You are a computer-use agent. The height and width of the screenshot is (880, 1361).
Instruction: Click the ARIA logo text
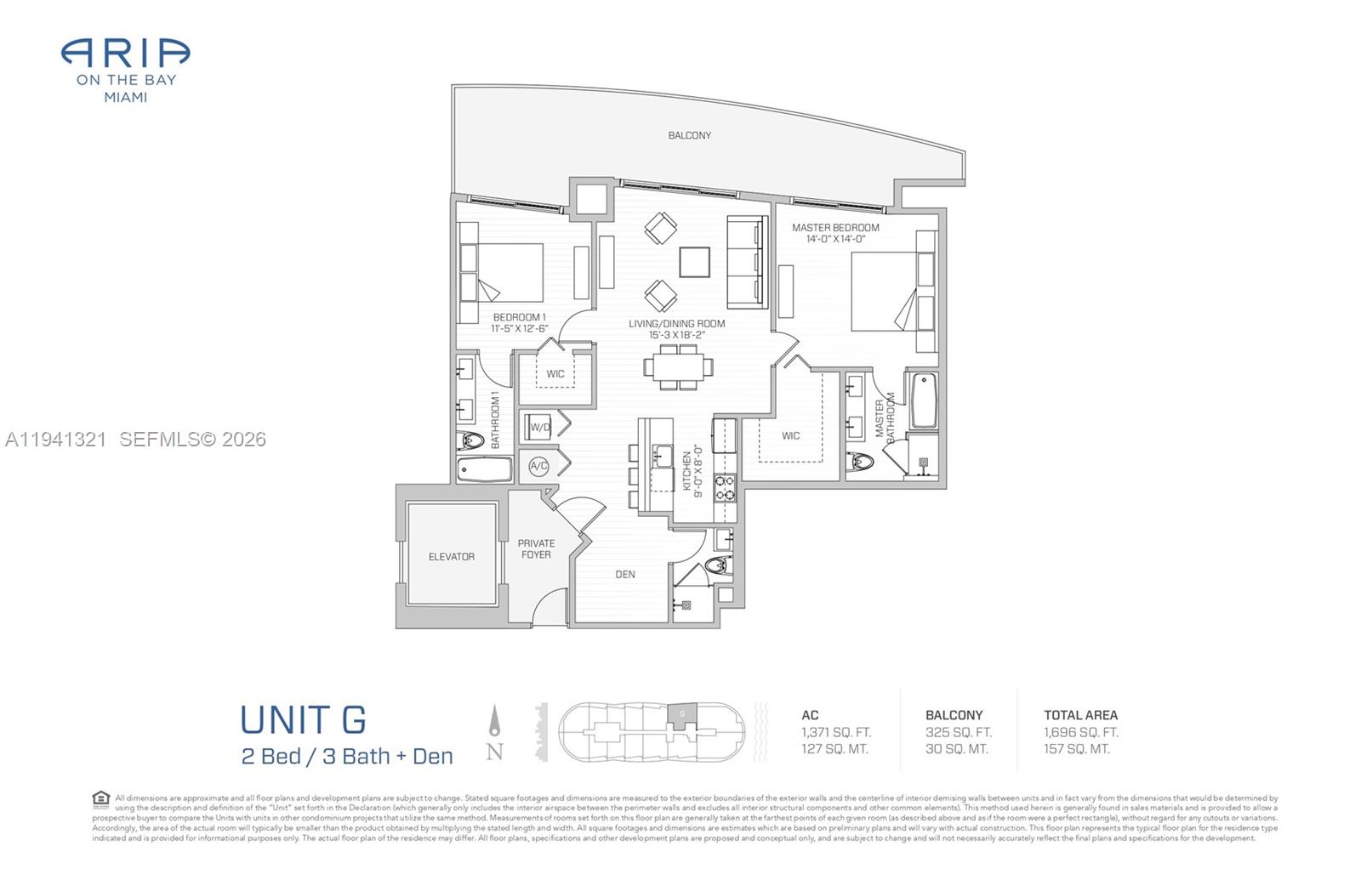[125, 54]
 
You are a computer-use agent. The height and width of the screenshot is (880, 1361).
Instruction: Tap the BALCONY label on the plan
[689, 135]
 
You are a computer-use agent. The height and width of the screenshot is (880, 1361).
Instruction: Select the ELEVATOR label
[451, 557]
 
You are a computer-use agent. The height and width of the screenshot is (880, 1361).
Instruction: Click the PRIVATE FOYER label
[536, 549]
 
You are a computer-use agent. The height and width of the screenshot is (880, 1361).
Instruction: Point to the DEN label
[625, 575]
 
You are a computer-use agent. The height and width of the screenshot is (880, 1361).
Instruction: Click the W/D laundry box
[539, 427]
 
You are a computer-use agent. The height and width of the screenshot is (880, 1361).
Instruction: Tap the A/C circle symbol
[538, 466]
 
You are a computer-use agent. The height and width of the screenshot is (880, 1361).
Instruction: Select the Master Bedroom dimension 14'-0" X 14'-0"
[835, 239]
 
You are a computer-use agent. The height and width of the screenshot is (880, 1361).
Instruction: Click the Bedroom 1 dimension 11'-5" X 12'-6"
[519, 328]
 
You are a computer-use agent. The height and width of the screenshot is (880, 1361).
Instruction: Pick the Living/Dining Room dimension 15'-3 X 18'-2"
[676, 335]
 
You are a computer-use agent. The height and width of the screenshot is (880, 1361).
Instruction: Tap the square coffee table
[694, 262]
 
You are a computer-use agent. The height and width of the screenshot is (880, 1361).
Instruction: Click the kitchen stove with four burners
[724, 488]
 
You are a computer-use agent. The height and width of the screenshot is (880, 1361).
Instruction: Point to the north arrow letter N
[494, 752]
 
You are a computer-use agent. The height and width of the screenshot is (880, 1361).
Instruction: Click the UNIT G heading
[303, 720]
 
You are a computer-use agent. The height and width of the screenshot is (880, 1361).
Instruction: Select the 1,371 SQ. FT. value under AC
[835, 732]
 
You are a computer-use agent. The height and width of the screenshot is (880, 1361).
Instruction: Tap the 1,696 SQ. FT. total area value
[1080, 732]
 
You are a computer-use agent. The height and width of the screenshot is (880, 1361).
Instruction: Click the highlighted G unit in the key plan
[681, 714]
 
